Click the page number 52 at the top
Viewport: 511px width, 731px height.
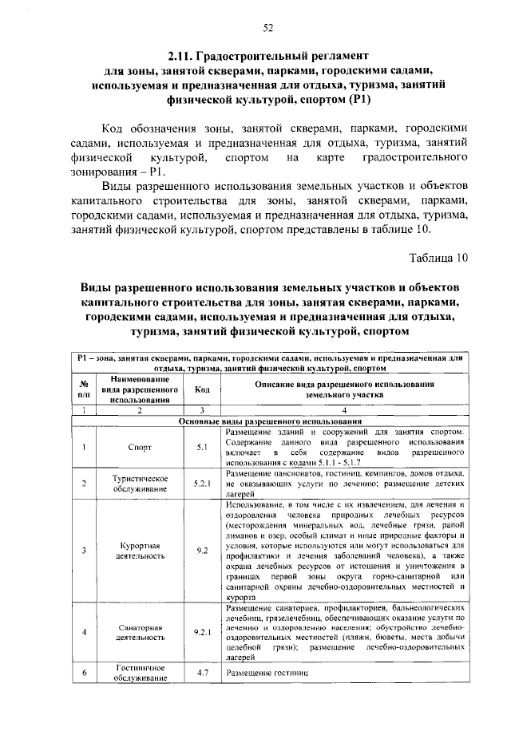pyautogui.click(x=268, y=28)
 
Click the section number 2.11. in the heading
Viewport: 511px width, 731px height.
pyautogui.click(x=184, y=56)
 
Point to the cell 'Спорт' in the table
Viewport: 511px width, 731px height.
pyautogui.click(x=140, y=447)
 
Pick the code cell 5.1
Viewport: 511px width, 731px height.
pyautogui.click(x=202, y=447)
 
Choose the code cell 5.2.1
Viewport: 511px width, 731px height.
pyautogui.click(x=202, y=483)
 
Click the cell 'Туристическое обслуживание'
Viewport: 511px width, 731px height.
pyautogui.click(x=140, y=483)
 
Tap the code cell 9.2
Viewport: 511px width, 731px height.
pyautogui.click(x=202, y=551)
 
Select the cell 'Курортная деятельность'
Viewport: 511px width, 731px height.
pyautogui.click(x=140, y=551)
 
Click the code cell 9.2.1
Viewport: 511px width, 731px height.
pyautogui.click(x=202, y=631)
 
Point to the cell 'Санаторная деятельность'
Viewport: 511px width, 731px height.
pyautogui.click(x=140, y=631)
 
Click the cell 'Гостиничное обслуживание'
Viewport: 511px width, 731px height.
pyautogui.click(x=140, y=673)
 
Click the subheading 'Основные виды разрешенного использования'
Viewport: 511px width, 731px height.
pyautogui.click(x=268, y=421)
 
